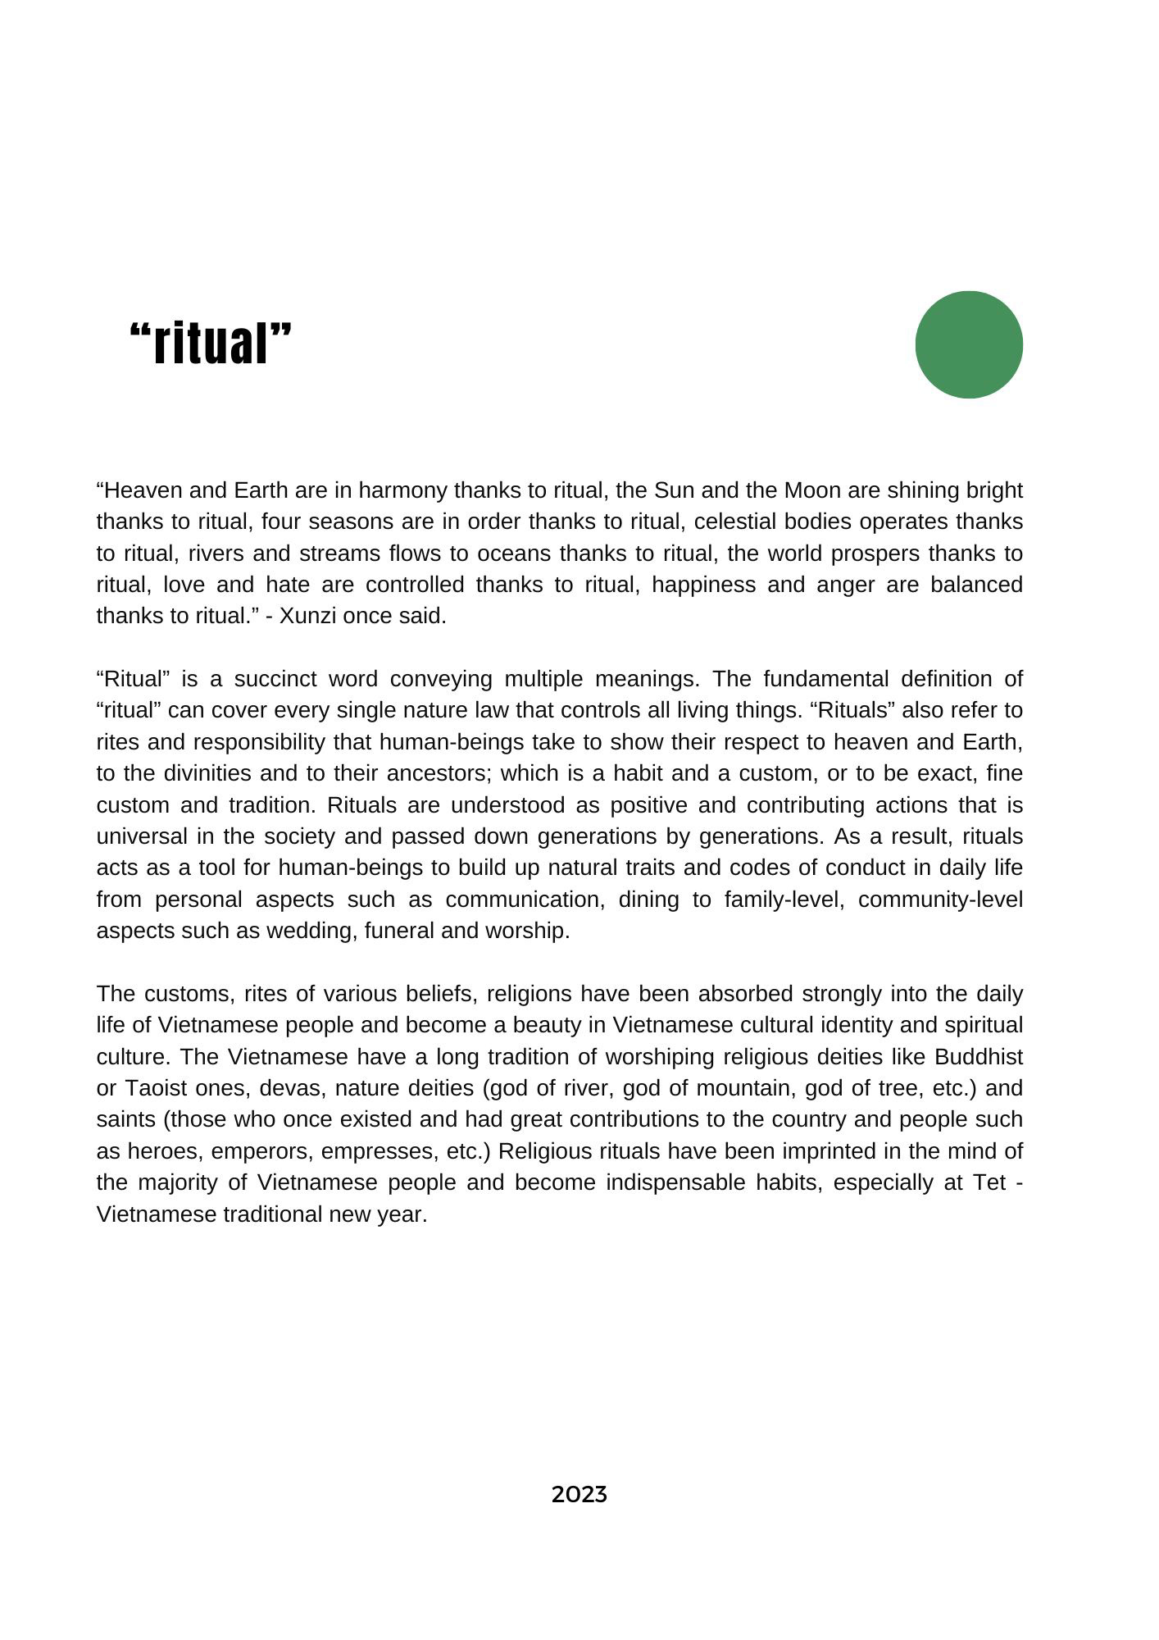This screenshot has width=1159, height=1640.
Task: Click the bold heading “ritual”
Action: click(211, 344)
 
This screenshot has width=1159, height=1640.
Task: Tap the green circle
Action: click(969, 344)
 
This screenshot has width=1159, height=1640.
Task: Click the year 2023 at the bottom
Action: click(579, 1494)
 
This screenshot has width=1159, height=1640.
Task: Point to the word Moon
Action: click(812, 490)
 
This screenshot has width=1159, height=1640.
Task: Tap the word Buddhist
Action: click(979, 1056)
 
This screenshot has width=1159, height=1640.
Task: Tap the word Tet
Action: click(989, 1182)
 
